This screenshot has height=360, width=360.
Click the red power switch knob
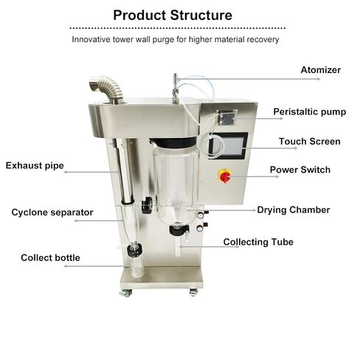(225, 177)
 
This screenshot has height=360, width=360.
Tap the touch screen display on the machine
(228, 145)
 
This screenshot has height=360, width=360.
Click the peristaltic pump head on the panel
(226, 117)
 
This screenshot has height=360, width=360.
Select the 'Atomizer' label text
(321, 70)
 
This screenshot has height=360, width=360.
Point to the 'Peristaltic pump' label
(310, 112)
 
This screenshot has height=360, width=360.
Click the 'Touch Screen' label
(310, 142)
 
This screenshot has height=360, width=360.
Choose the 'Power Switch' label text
(300, 170)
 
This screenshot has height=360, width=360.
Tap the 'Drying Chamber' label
(294, 210)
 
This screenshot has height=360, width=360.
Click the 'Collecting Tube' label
(258, 242)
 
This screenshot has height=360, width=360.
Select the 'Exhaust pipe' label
(35, 166)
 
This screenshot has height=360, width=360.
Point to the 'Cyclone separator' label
(52, 212)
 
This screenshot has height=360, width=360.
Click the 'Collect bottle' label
(50, 257)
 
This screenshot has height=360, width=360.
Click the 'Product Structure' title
(173, 15)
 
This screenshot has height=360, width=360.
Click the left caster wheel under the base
(125, 293)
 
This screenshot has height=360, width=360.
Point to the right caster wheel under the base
(193, 292)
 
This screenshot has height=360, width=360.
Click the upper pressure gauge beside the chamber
(200, 215)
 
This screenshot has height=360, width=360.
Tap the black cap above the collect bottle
(134, 249)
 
